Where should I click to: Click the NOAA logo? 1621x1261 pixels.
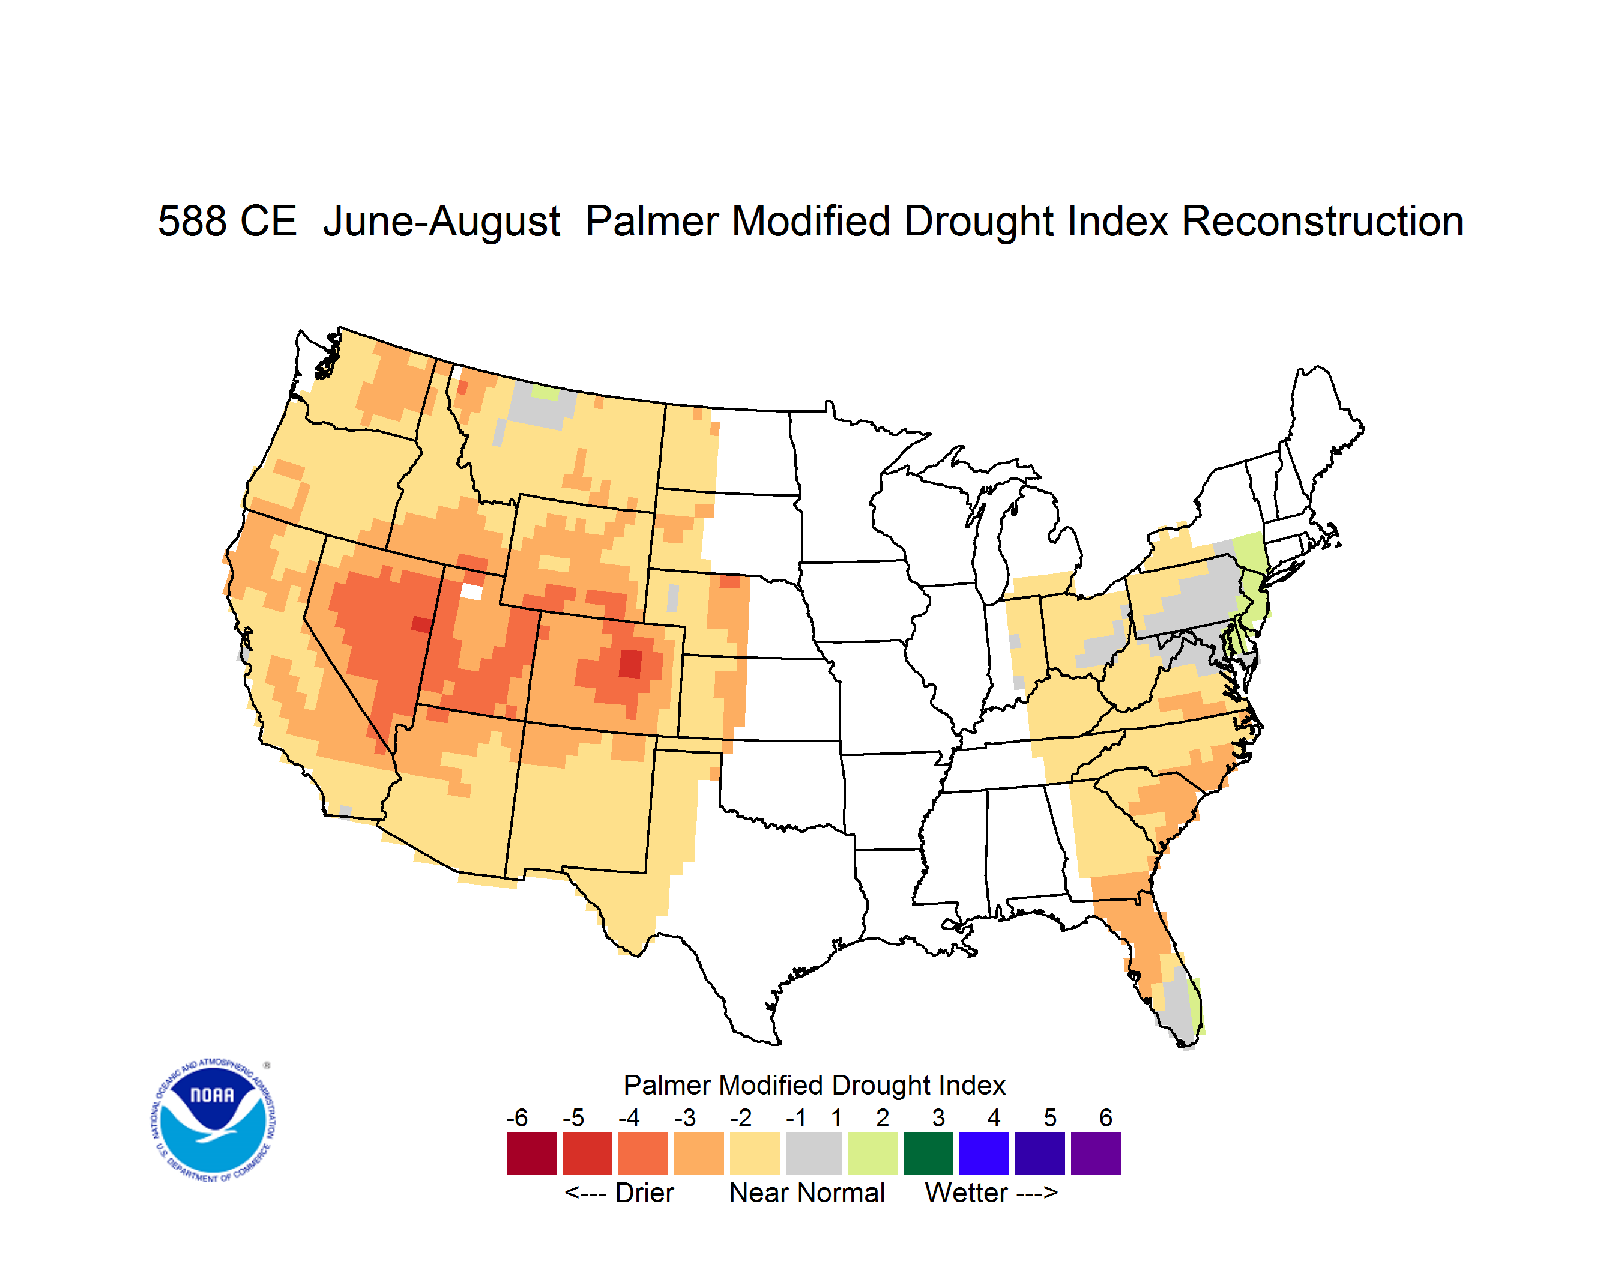[x=213, y=1120]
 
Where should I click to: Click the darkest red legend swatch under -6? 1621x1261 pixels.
[x=531, y=1154]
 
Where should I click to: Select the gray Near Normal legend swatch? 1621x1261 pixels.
[x=814, y=1154]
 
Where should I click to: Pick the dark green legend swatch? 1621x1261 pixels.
[x=928, y=1154]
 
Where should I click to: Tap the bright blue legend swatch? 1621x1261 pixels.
[x=984, y=1154]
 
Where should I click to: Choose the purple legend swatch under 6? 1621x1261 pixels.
[x=1096, y=1154]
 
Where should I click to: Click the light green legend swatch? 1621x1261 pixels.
[x=872, y=1154]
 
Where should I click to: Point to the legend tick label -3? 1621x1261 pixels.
[x=685, y=1117]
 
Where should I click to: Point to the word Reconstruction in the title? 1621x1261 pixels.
[x=1322, y=221]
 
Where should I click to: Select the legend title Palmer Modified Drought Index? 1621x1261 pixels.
[x=814, y=1085]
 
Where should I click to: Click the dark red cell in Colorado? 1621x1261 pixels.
[x=630, y=663]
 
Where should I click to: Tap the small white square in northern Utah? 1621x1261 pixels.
[x=471, y=591]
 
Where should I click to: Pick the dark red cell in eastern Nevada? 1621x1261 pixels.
[x=421, y=624]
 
